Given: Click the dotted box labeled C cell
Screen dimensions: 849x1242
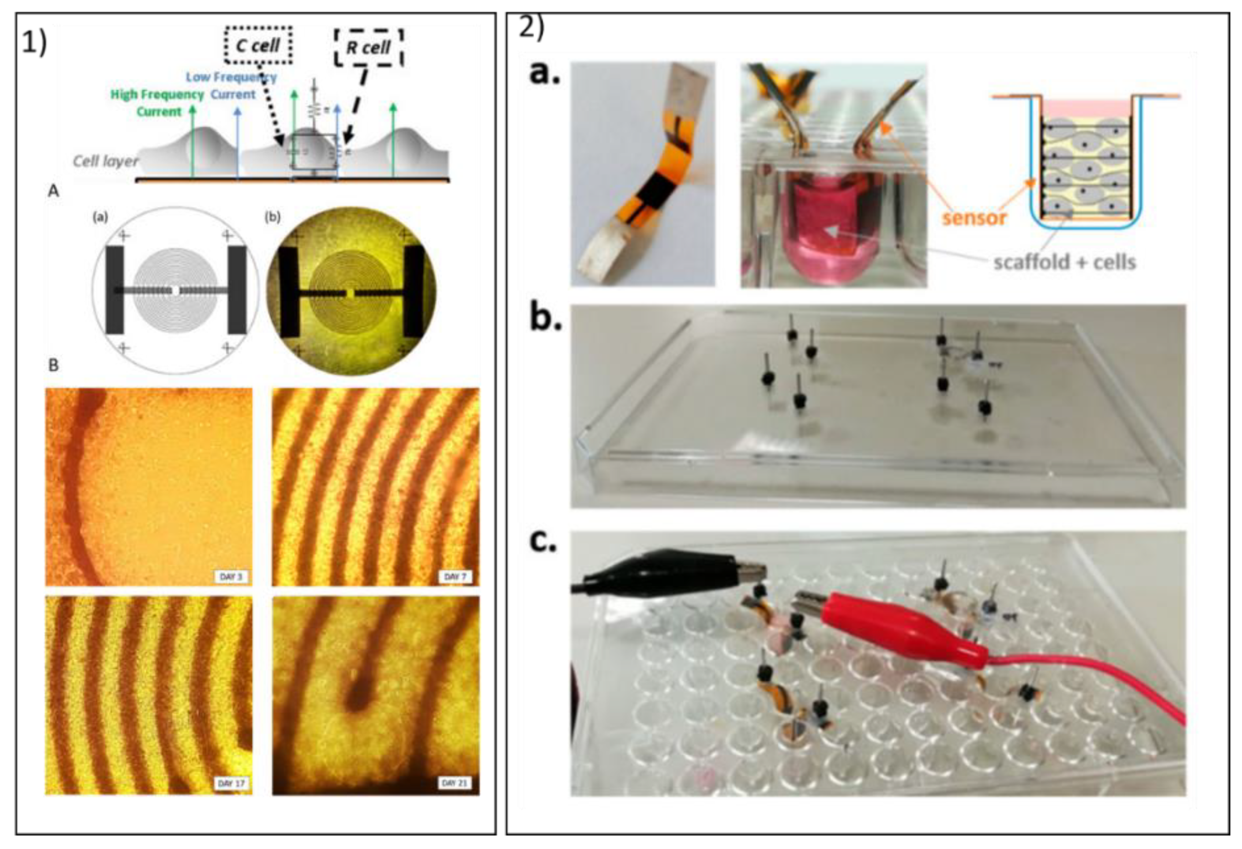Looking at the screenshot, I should (x=258, y=45).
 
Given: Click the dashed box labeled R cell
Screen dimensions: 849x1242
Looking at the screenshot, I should (x=368, y=48).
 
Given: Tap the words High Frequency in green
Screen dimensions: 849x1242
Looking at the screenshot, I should (x=157, y=95).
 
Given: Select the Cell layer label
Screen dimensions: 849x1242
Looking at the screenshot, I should (x=105, y=160).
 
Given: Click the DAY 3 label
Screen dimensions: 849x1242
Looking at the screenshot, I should (x=231, y=577).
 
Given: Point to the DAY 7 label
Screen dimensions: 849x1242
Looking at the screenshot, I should (x=455, y=577).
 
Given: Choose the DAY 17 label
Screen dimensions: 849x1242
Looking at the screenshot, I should (x=231, y=783).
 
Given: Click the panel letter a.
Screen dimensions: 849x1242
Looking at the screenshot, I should (x=544, y=74).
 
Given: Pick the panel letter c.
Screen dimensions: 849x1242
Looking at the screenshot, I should (x=543, y=541).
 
